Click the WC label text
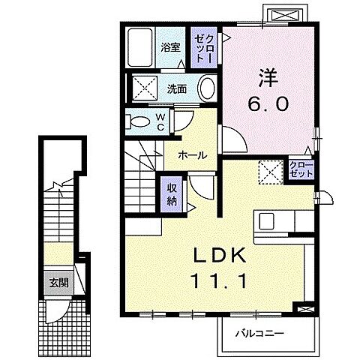coord(160,121)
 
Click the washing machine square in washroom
coord(145,88)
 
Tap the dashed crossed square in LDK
coord(268,170)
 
